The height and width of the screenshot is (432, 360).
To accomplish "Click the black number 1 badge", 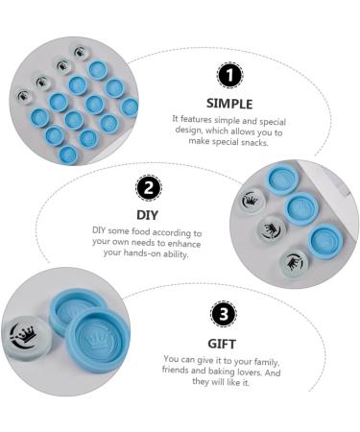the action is point(229,76).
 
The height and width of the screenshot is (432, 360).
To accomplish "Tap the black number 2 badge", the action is point(149,188).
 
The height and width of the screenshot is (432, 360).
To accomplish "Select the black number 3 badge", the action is point(224,314).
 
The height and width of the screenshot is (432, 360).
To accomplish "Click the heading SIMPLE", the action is point(229,104).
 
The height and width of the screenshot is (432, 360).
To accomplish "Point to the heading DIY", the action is point(147,215).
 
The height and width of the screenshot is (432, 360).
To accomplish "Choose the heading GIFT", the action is point(222,344).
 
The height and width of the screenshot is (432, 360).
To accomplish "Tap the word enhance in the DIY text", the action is point(184,244).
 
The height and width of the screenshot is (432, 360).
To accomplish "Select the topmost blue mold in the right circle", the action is point(282,180).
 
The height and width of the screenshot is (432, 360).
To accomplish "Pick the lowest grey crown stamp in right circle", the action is point(294,264).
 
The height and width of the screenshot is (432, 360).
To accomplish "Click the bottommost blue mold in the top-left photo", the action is point(68,156).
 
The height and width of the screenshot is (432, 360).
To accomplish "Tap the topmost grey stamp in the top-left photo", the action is point(81,52).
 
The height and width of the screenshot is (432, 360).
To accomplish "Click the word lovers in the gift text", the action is point(251,372).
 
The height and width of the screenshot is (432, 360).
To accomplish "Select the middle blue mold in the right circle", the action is point(301,209).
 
